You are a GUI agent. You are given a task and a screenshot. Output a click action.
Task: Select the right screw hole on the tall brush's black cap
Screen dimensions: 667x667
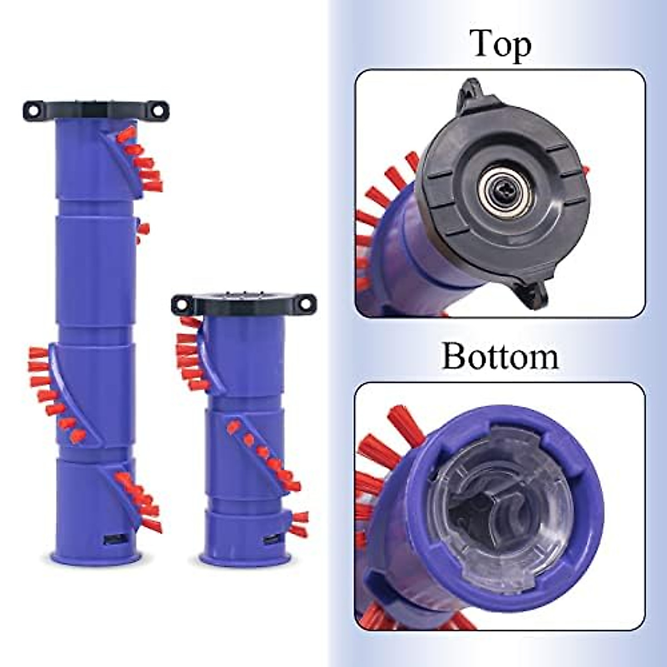tap(160, 109)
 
